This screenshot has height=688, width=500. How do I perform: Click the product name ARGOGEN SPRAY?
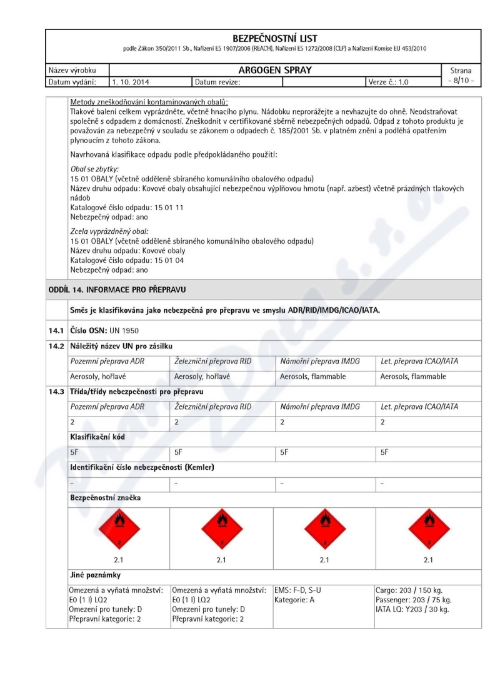click(275, 70)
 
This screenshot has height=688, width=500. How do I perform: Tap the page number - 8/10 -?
click(461, 81)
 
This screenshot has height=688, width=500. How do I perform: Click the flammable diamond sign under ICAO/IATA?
click(428, 527)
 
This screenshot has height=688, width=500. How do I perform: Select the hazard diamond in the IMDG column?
click(324, 527)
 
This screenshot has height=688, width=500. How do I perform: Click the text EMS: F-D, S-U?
click(302, 590)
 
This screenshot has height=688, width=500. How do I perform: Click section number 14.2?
click(57, 346)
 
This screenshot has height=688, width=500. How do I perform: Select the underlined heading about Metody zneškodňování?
click(149, 102)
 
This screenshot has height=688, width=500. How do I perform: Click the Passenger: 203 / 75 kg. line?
click(414, 600)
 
